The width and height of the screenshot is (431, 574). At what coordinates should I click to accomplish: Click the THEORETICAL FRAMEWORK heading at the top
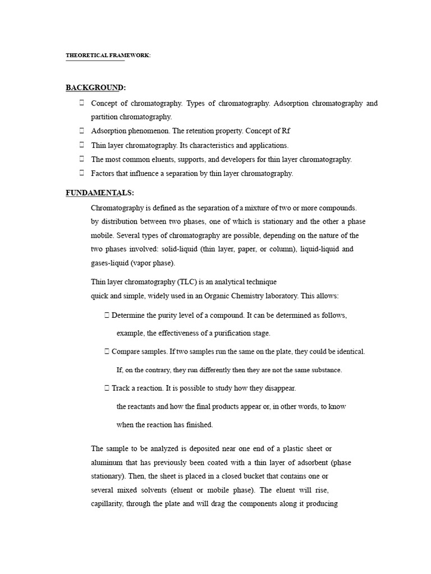[x=108, y=55]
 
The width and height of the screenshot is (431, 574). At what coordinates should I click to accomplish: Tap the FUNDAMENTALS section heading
[x=100, y=193]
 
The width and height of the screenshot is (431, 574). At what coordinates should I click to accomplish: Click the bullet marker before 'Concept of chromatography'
[x=82, y=103]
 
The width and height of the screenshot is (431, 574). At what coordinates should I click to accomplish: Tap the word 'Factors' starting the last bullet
[x=103, y=173]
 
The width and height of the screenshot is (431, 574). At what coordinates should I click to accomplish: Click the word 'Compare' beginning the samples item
[x=126, y=351]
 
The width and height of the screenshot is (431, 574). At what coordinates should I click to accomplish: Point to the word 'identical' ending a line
[x=349, y=351]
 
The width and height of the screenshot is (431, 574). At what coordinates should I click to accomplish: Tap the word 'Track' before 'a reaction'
[x=122, y=388]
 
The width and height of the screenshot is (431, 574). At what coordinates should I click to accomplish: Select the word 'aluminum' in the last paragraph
[x=108, y=462]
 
